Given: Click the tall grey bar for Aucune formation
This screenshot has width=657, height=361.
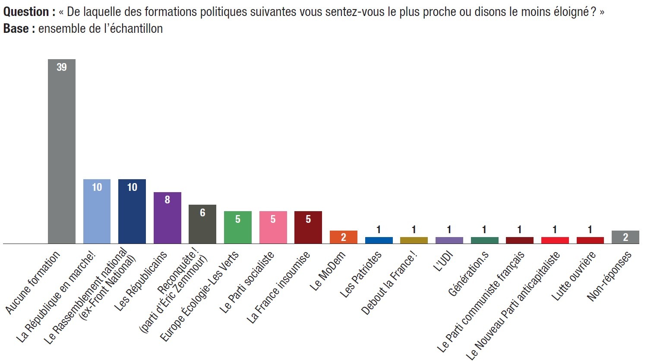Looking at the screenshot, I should click(x=61, y=151).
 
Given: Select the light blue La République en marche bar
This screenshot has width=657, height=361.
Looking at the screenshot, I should click(x=97, y=212).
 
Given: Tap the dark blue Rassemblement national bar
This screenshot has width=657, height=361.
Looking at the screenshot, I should click(x=132, y=212).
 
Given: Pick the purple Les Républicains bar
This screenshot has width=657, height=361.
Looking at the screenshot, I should click(x=167, y=218).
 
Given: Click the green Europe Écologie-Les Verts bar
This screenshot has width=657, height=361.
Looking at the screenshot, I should click(x=237, y=228).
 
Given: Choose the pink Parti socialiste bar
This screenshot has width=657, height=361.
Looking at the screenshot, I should click(x=273, y=228).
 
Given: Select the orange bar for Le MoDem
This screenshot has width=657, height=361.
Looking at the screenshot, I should click(x=343, y=237).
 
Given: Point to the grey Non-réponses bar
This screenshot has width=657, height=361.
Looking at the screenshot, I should click(x=625, y=237).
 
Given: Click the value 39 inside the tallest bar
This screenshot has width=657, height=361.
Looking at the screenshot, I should click(x=62, y=67).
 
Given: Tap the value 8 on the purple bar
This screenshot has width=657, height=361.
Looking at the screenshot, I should click(x=167, y=199).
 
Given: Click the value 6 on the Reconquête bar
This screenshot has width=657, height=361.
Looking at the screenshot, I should click(x=202, y=212).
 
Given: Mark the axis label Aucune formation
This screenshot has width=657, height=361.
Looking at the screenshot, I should click(x=33, y=283).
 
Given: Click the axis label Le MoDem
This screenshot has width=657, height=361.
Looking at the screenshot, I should click(x=328, y=270).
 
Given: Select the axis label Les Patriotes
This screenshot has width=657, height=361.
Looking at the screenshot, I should click(x=361, y=274).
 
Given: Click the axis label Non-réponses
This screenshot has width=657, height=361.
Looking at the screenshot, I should click(x=609, y=276).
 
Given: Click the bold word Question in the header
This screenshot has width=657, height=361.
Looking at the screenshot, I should click(x=26, y=12).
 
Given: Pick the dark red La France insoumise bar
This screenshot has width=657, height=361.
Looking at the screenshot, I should click(x=308, y=228).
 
